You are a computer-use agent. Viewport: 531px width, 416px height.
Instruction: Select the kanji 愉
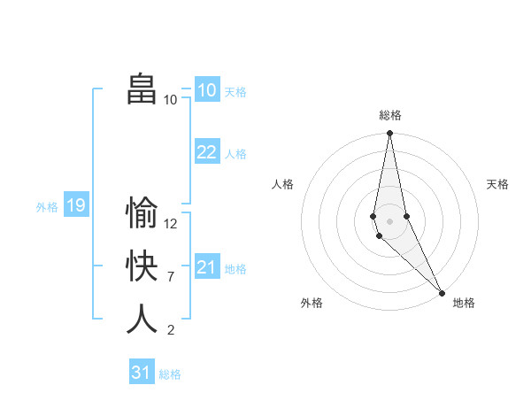[142, 213]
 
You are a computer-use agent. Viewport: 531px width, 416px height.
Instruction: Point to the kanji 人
[142, 319]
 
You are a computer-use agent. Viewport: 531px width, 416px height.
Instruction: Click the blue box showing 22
[206, 152]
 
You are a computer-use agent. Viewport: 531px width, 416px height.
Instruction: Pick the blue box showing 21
[206, 267]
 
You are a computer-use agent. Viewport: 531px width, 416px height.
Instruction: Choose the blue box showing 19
[75, 206]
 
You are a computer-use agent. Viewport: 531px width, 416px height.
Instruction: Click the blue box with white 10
[206, 90]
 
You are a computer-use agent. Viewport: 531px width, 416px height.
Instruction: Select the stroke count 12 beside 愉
[171, 224]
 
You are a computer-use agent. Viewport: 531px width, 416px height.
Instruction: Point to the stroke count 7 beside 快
[170, 277]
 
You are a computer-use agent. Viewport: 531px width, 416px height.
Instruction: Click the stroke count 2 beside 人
[170, 330]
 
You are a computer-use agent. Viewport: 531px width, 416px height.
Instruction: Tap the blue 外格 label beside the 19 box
[47, 207]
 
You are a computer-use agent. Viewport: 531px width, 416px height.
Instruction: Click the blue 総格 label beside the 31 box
[170, 374]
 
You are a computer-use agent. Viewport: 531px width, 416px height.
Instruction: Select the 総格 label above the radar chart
[390, 115]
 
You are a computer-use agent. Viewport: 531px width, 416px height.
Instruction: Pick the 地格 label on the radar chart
[464, 303]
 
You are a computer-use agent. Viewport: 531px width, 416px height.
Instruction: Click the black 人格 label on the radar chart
[283, 184]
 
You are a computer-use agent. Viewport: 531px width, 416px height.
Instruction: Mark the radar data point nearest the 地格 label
[442, 292]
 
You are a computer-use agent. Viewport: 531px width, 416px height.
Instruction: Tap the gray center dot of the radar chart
[390, 220]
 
